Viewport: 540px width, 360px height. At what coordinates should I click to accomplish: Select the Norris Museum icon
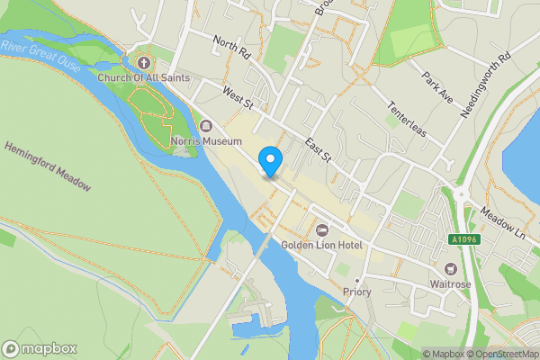click(206, 126)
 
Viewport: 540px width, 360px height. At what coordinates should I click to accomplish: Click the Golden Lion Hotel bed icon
click(322, 229)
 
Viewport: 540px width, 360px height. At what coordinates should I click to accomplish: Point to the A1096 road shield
click(463, 239)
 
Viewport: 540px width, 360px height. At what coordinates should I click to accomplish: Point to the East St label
click(319, 149)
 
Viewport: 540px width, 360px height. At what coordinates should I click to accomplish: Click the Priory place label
click(357, 292)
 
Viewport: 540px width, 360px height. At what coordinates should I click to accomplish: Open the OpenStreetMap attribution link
click(503, 354)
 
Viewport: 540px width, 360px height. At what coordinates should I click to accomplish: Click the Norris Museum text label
click(206, 142)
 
